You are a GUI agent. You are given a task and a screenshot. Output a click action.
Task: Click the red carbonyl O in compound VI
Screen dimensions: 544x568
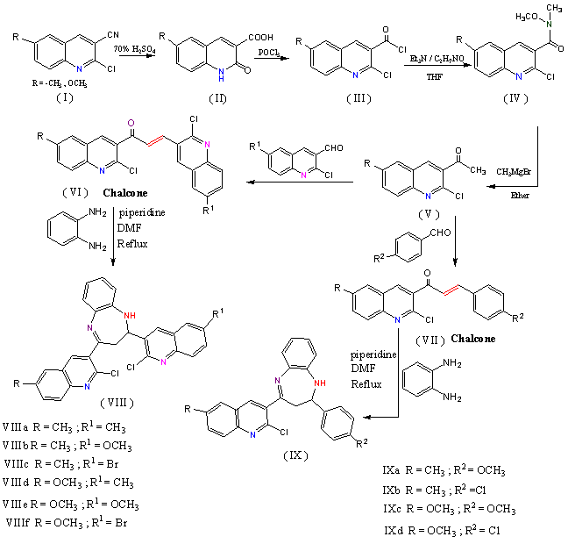pos(129,124)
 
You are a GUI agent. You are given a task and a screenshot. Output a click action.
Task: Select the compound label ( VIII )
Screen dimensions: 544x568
pos(117,400)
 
